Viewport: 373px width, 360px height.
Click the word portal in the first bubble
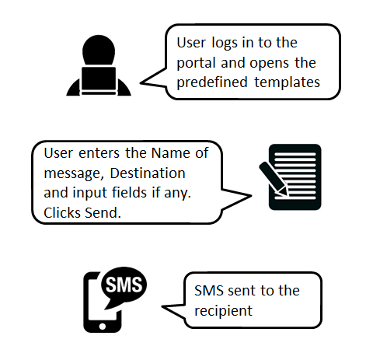pyautogui.click(x=197, y=62)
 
